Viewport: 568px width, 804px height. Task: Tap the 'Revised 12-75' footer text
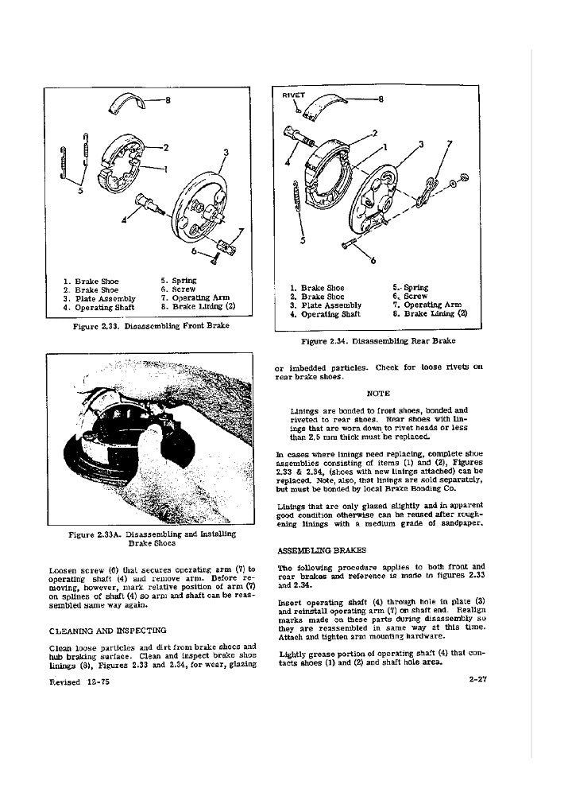77,683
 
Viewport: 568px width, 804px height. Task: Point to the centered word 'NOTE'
379,392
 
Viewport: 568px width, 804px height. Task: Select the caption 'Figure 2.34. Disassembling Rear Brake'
377,342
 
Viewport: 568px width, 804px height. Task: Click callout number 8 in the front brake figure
168,100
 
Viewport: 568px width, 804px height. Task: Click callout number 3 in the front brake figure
226,151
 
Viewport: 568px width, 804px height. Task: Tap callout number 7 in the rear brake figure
450,144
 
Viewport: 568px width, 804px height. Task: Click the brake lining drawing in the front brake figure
127,100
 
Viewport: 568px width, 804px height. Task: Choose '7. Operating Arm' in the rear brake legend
432,305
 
